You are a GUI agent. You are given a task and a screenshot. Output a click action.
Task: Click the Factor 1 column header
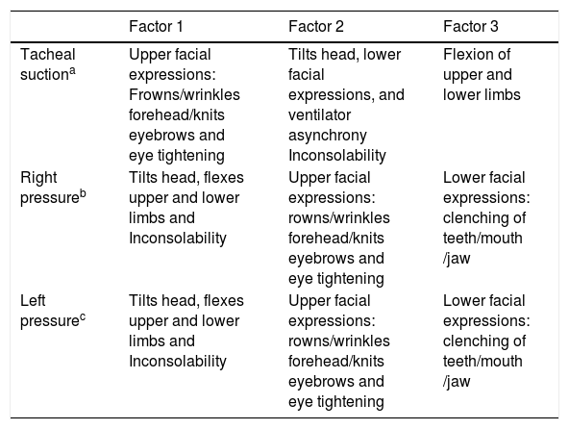pos(156,27)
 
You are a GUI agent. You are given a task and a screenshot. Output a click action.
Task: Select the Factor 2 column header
pos(315,27)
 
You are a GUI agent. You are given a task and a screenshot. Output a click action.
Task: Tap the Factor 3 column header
pos(471,27)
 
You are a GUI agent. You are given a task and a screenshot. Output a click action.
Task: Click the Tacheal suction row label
pos(48,64)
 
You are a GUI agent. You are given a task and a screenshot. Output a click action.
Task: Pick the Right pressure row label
pos(53,188)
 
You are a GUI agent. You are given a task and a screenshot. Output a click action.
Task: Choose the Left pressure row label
pos(53,311)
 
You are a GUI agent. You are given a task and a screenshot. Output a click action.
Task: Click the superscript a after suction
pos(73,70)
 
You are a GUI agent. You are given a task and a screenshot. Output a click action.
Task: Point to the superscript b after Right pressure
pos(83,193)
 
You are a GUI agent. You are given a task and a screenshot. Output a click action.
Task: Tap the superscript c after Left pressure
pos(83,317)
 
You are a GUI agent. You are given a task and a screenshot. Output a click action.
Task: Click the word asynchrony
pos(328,136)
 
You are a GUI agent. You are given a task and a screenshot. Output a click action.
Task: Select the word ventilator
pos(320,115)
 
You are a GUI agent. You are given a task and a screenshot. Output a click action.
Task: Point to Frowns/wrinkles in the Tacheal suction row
pos(185,95)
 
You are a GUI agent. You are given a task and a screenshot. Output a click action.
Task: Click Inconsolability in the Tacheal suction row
pos(337,156)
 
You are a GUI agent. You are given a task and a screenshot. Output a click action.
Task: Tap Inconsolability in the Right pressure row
pos(178,239)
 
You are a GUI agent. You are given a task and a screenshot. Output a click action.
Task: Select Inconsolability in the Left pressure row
pos(178,362)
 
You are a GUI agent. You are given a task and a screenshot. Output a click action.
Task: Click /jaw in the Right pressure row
pos(457,259)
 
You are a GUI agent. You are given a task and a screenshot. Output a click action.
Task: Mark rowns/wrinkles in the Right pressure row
pos(339,218)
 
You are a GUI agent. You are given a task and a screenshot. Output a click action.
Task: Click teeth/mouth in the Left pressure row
pos(482,362)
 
